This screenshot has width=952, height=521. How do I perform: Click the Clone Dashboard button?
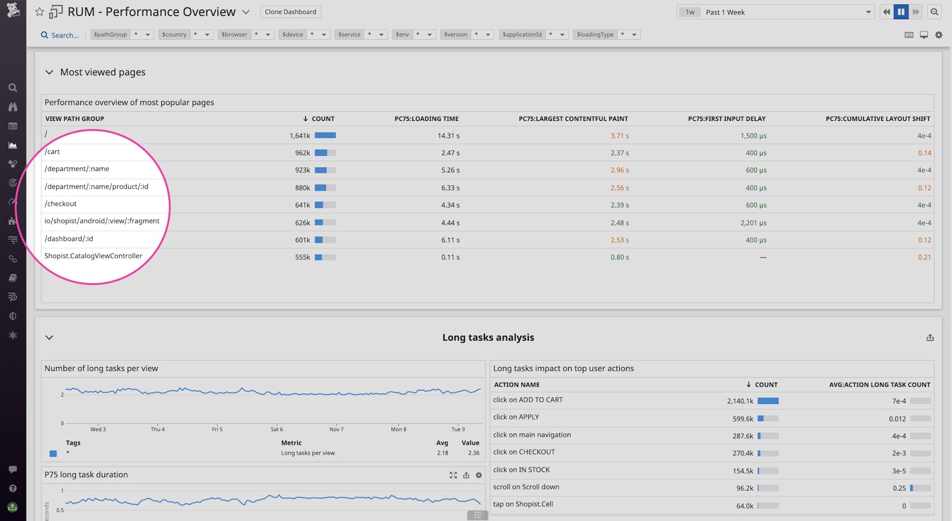click(290, 12)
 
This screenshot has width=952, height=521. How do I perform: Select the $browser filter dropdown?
click(245, 35)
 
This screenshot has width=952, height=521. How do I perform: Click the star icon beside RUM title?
click(39, 12)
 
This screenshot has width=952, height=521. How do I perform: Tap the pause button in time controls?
click(901, 12)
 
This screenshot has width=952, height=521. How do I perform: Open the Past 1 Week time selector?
click(776, 12)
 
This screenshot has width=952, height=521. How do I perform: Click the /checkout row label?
click(61, 204)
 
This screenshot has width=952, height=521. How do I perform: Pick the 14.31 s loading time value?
click(448, 136)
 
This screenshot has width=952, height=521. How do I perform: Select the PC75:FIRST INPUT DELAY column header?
click(726, 119)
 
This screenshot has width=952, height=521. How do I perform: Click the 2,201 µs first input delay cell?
click(753, 223)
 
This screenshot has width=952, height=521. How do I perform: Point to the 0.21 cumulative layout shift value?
click(924, 257)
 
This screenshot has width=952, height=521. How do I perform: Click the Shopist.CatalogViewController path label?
click(93, 256)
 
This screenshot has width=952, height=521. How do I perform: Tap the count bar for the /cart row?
click(325, 153)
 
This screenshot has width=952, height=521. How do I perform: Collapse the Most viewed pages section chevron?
click(49, 73)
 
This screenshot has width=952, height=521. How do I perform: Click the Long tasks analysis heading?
click(488, 338)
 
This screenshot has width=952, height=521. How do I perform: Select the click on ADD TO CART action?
click(528, 400)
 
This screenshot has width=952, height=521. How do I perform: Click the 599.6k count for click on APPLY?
click(742, 419)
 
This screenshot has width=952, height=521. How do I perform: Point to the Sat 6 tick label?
click(276, 429)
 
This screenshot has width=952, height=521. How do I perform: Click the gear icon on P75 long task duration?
click(479, 475)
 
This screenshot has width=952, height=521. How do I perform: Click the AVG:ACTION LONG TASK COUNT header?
click(879, 385)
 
